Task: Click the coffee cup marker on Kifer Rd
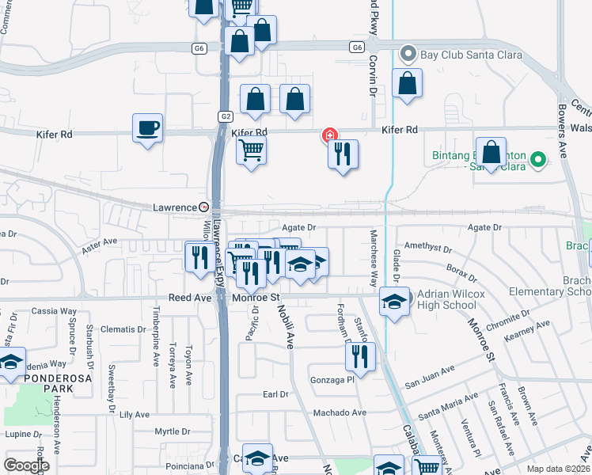(x=148, y=127)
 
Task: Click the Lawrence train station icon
(x=203, y=207)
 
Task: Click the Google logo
(x=27, y=465)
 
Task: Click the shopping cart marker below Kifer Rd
(x=251, y=149)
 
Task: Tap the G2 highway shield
(x=226, y=116)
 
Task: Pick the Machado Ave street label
(x=340, y=412)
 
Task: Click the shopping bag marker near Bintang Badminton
(x=491, y=153)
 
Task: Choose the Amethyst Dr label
(x=427, y=249)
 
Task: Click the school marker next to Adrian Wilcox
(x=394, y=302)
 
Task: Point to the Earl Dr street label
(x=275, y=394)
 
